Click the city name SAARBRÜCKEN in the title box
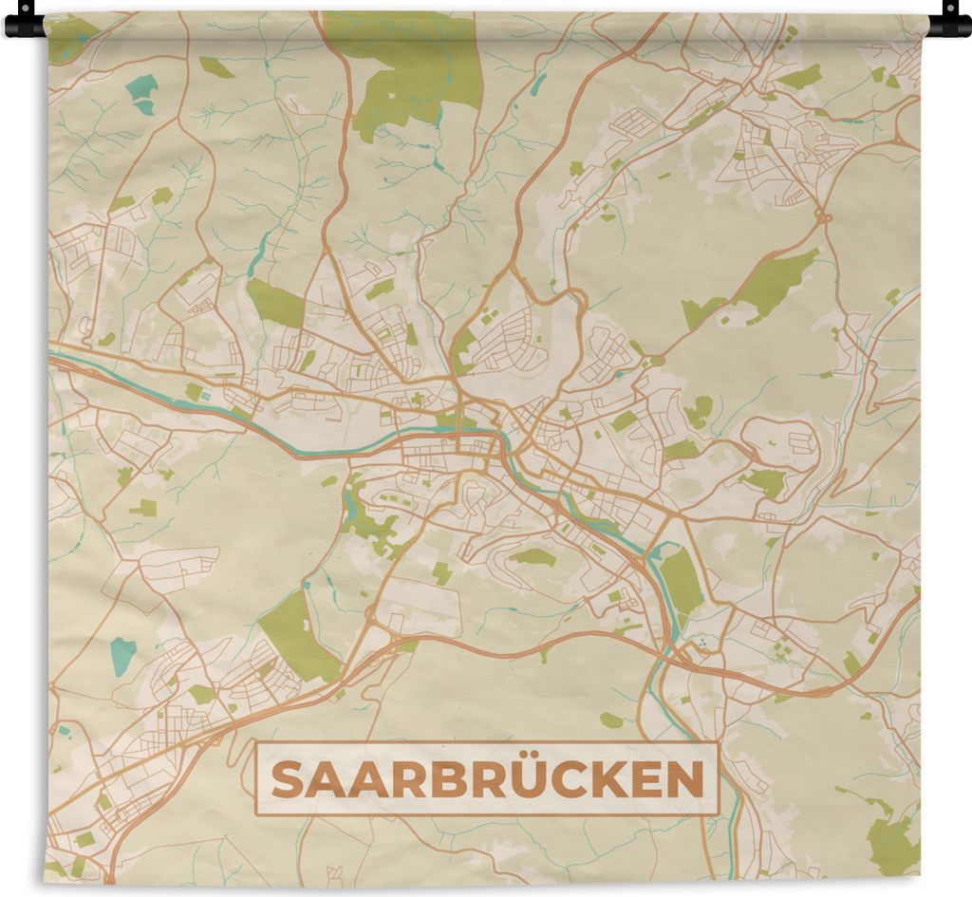(487, 779)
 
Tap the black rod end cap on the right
(950, 21)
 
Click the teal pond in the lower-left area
(122, 655)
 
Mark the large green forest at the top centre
(418, 66)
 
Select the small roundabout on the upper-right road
(823, 217)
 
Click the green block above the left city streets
(274, 303)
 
